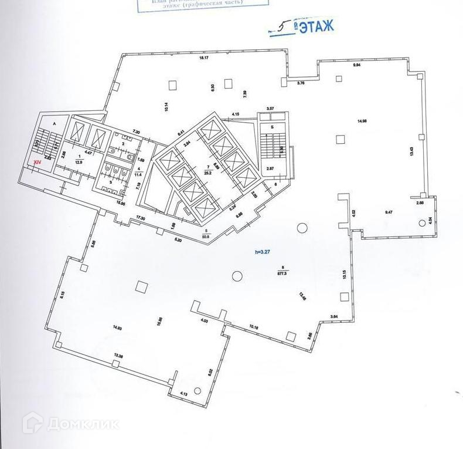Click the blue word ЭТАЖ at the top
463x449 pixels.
click(316, 26)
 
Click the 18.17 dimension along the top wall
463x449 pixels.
click(203, 59)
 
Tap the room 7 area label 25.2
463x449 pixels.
click(206, 174)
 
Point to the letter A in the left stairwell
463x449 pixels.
click(54, 124)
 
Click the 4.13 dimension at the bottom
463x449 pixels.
click(183, 394)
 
